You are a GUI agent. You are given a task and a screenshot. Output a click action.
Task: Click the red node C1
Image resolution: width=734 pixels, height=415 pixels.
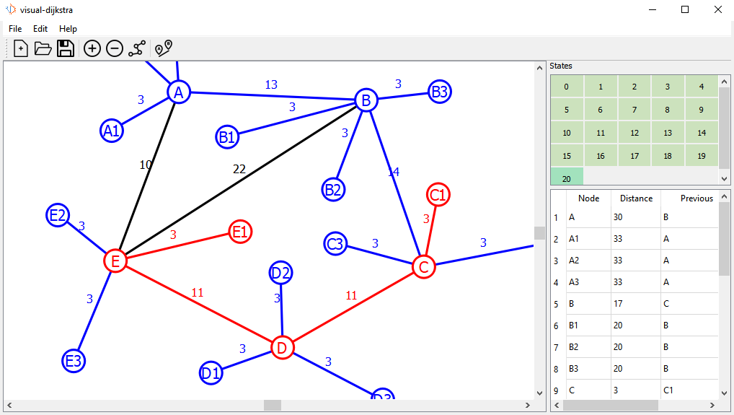click(438, 195)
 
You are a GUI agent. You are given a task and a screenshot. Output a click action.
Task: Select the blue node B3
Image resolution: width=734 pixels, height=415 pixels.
click(439, 92)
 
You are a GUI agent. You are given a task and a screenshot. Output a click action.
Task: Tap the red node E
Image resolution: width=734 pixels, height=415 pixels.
click(115, 260)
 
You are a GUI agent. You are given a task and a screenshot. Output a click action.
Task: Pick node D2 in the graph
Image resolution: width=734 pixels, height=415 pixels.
click(280, 273)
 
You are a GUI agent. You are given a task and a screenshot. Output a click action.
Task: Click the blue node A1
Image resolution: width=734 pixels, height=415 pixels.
click(111, 131)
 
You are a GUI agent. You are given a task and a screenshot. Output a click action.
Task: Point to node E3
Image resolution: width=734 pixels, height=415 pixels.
click(74, 360)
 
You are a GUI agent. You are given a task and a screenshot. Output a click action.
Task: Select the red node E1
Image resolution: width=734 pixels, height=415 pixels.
click(240, 232)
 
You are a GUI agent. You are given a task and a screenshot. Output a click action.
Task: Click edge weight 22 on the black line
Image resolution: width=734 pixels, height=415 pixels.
click(239, 169)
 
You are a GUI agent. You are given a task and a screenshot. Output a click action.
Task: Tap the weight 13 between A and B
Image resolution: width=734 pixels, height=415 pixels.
click(270, 84)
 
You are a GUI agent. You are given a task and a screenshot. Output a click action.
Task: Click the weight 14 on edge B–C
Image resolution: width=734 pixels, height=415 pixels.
click(393, 172)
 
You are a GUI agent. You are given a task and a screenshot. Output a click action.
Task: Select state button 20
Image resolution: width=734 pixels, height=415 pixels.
click(567, 178)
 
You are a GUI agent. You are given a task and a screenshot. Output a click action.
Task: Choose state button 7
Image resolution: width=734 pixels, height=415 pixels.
click(634, 110)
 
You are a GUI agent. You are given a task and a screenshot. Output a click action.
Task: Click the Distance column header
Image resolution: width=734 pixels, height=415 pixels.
click(635, 198)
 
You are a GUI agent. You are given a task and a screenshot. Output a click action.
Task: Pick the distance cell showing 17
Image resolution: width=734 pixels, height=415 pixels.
click(619, 304)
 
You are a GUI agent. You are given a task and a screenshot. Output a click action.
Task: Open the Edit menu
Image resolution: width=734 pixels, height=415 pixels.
click(40, 29)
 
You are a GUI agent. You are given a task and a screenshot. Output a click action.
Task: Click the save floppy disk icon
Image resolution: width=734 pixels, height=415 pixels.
click(66, 48)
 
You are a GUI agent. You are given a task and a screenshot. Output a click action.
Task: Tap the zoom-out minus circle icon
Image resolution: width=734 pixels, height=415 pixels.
click(114, 48)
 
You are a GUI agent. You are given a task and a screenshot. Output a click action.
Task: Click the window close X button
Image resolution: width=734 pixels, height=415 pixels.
click(717, 9)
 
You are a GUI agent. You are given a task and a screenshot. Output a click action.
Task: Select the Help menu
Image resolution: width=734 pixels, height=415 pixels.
click(68, 29)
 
